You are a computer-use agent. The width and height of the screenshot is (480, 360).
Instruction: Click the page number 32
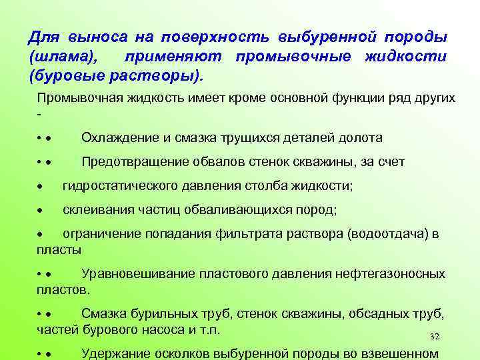pyautogui.click(x=436, y=337)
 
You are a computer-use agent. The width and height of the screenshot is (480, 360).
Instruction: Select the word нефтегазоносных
pyautogui.click(x=391, y=274)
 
